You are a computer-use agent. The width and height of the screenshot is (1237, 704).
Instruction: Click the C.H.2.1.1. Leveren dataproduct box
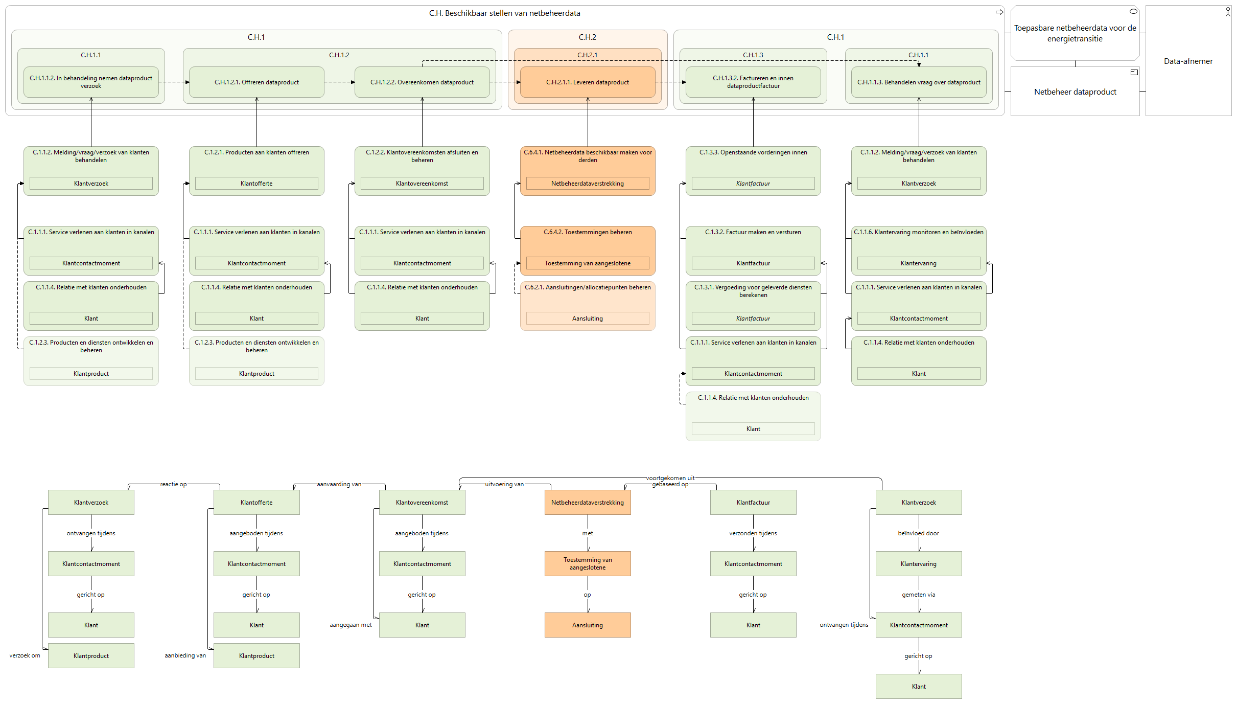click(588, 82)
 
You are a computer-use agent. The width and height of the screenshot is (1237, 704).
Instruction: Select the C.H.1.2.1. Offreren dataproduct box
click(256, 82)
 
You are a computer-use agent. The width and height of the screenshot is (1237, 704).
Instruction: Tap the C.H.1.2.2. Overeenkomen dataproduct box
click(422, 82)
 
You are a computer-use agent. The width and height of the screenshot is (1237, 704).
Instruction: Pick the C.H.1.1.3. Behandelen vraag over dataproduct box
click(919, 82)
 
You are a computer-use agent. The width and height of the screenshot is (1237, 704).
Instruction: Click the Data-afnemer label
click(1188, 61)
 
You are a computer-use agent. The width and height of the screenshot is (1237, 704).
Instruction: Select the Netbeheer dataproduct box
click(1075, 92)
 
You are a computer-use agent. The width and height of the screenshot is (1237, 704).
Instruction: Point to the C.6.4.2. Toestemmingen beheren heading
click(588, 232)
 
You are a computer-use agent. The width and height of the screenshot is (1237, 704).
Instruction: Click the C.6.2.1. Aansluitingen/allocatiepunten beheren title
click(588, 287)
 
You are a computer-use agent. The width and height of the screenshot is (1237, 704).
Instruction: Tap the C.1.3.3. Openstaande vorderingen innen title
click(753, 152)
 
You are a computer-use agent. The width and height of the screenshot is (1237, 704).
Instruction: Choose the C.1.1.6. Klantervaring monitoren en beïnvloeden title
click(919, 232)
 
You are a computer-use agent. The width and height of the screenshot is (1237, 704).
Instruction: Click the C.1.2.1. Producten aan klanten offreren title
click(256, 152)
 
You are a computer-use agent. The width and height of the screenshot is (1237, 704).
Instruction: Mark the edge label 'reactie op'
click(173, 484)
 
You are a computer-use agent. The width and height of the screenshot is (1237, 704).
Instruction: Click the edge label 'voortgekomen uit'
click(670, 478)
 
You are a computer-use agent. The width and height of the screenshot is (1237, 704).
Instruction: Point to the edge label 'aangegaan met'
click(351, 625)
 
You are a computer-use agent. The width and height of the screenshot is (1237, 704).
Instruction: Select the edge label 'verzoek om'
click(25, 655)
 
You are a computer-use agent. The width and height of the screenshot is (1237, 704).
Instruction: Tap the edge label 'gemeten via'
click(919, 595)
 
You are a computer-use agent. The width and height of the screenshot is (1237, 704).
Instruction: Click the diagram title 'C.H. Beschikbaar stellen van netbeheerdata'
click(504, 13)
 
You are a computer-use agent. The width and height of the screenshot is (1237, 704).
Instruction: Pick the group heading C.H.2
click(588, 37)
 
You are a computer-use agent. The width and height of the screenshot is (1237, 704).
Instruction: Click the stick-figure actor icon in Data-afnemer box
click(1228, 12)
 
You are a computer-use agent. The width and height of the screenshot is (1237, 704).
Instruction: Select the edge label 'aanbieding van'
click(185, 655)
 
